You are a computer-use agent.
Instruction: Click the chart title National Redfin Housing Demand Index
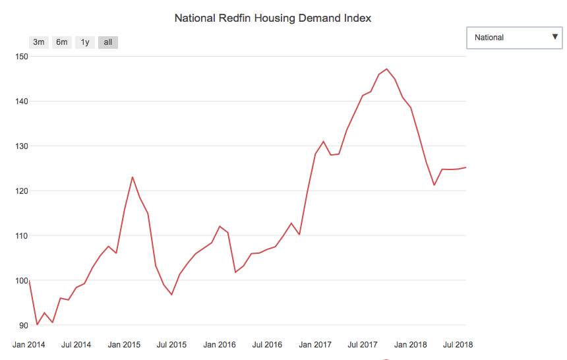click(x=272, y=18)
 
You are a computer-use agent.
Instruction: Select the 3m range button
click(x=39, y=42)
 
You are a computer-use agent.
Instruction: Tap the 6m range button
click(x=61, y=42)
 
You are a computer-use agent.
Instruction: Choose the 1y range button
click(x=84, y=42)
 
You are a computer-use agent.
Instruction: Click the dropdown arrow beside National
click(x=554, y=37)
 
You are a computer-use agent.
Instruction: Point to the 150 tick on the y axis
click(x=22, y=57)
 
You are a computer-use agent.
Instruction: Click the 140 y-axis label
click(x=22, y=102)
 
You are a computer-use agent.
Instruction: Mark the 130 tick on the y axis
click(x=22, y=146)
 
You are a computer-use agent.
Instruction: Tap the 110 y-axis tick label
click(x=22, y=236)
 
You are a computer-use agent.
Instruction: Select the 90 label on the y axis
click(x=24, y=326)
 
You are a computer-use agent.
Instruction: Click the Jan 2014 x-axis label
click(x=30, y=344)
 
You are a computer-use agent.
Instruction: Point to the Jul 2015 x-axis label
click(x=171, y=344)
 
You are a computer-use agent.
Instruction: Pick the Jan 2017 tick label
click(x=314, y=344)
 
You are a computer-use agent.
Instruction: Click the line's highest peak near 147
click(x=387, y=69)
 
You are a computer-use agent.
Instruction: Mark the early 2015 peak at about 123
click(x=133, y=177)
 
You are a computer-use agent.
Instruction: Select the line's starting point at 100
click(x=30, y=281)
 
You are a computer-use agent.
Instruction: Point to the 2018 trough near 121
click(x=434, y=185)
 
